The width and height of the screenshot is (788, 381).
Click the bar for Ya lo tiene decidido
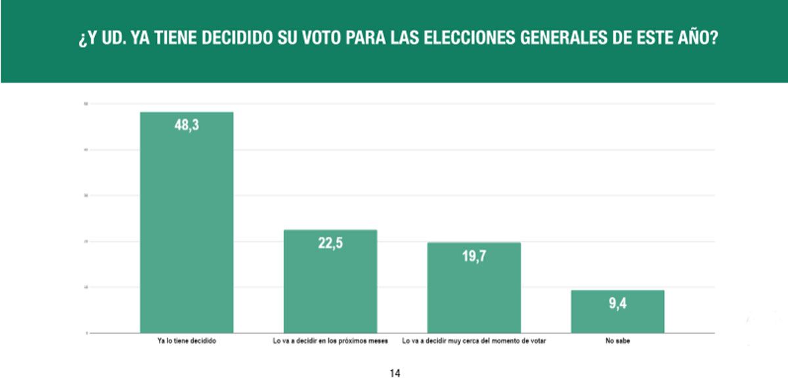pos(186,223)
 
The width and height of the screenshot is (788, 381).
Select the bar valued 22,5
pos(330,282)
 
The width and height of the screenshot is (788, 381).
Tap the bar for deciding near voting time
pos(473,289)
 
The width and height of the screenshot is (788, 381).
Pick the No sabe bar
pos(617,311)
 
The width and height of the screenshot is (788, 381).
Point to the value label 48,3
pos(186,125)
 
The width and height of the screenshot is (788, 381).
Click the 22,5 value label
pos(330,243)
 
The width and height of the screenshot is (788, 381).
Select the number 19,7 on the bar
pos(473,256)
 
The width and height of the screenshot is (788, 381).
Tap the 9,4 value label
pos(617,303)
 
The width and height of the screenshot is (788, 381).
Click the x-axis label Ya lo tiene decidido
pos(186,342)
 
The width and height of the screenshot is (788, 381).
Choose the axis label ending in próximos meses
pos(330,342)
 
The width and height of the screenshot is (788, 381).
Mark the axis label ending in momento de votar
pos(473,342)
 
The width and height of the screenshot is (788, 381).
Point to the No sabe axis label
pos(617,342)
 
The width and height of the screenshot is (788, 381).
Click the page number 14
pos(395,373)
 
